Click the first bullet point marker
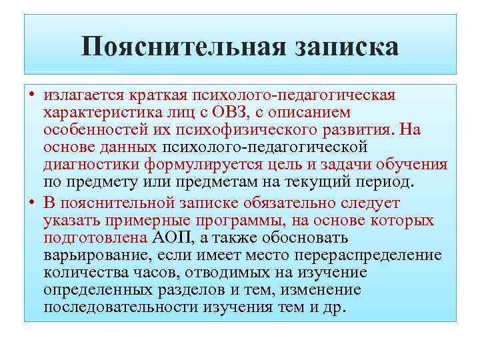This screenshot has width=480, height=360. click(32, 95)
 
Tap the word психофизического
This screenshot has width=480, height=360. click(251, 129)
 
